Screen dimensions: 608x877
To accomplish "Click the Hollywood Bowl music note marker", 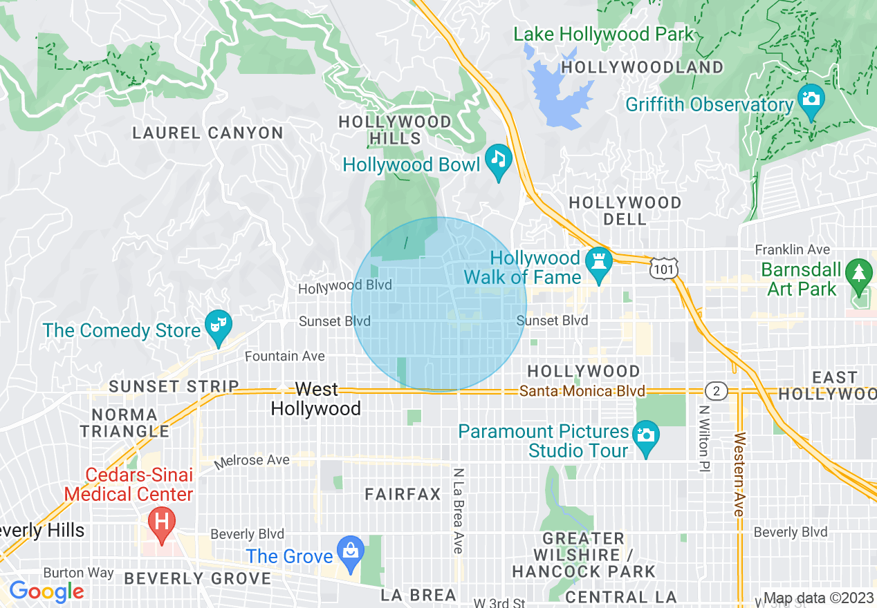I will pyautogui.click(x=498, y=160).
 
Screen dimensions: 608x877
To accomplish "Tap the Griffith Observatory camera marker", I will pyautogui.click(x=811, y=99).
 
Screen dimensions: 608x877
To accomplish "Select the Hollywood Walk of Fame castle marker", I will pyautogui.click(x=599, y=263).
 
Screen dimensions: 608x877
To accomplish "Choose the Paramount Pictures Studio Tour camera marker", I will pyautogui.click(x=646, y=436).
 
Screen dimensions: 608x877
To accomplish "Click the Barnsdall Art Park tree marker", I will pyautogui.click(x=859, y=274).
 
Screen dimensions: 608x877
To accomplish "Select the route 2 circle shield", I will pyautogui.click(x=717, y=391).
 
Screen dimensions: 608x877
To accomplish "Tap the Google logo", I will pyautogui.click(x=46, y=591).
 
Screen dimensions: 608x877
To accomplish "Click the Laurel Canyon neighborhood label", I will pyautogui.click(x=207, y=133).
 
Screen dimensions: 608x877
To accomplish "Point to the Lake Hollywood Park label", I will pyautogui.click(x=603, y=34).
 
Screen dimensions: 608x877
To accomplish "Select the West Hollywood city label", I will pyautogui.click(x=315, y=399).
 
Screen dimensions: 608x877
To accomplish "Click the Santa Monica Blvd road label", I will pyautogui.click(x=582, y=391).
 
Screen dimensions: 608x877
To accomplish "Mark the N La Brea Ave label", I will pyautogui.click(x=458, y=510).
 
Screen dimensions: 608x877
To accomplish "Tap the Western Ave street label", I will pyautogui.click(x=739, y=474).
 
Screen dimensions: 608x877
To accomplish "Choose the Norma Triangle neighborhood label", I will pyautogui.click(x=124, y=423).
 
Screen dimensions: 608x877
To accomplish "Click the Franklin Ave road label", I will pyautogui.click(x=792, y=249).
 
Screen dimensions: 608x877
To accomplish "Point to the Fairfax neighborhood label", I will pyautogui.click(x=403, y=494).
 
